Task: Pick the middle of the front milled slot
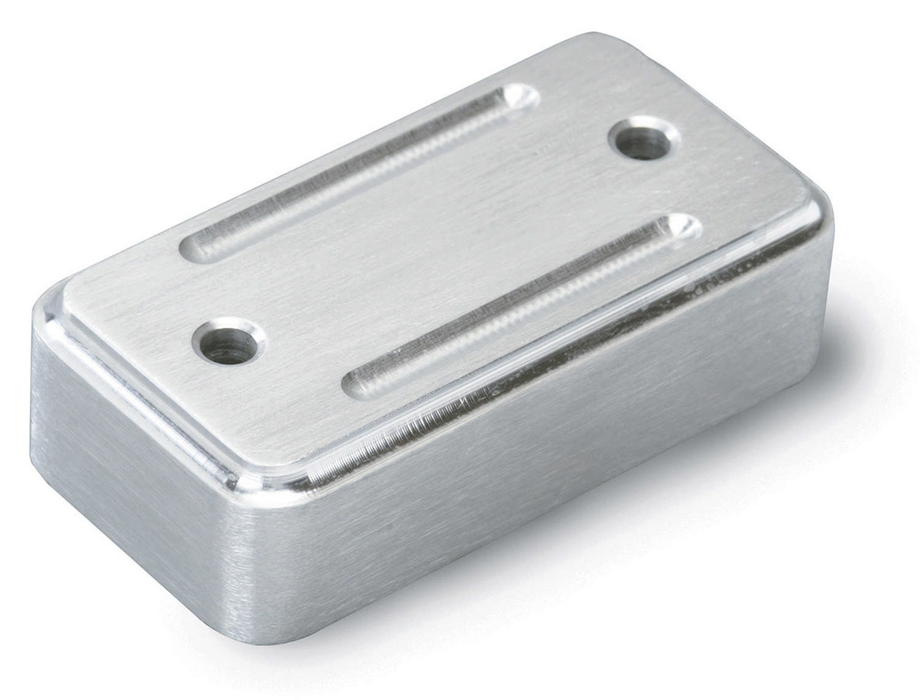(521, 305)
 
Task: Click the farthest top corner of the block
(599, 39)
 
